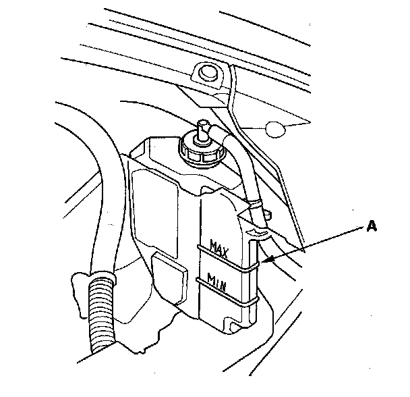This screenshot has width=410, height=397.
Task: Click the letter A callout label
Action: coord(370,228)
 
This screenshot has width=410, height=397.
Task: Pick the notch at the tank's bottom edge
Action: coord(233,327)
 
